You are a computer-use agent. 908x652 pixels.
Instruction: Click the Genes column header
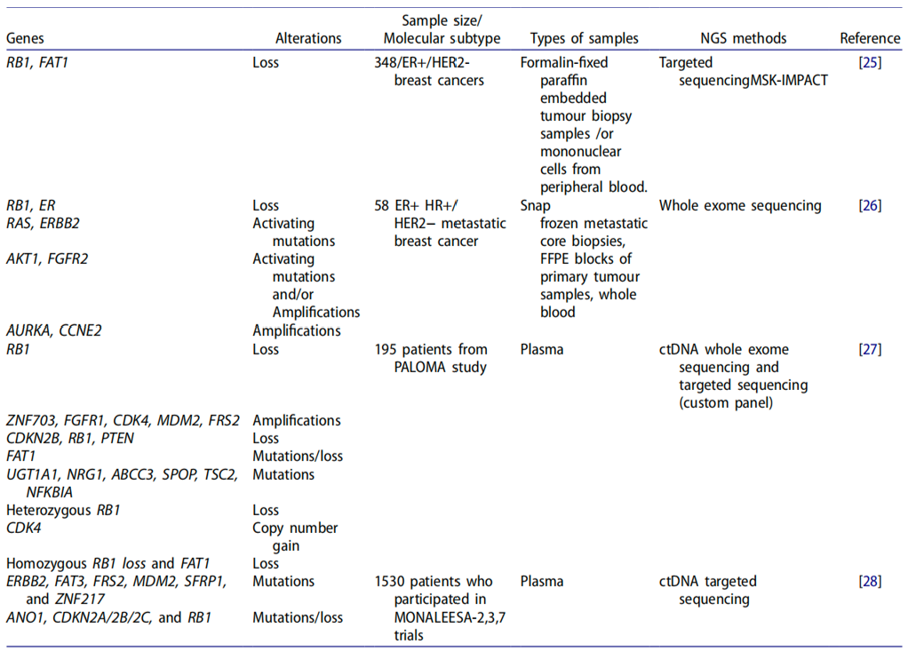25,38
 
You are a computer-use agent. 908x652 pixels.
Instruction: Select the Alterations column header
308,38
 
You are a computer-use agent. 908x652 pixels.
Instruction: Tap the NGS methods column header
744,38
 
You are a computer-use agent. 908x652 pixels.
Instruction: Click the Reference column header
870,38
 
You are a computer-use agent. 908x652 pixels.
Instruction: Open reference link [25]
870,62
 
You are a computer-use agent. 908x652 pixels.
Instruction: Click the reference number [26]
870,205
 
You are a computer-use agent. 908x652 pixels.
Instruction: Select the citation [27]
870,349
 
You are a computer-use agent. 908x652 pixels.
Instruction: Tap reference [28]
870,581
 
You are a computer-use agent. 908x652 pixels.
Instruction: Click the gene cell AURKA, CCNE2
54,330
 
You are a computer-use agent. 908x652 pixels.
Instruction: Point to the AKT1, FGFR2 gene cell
47,258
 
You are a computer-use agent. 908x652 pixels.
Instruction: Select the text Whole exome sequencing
740,205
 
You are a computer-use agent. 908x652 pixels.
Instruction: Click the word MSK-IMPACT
789,81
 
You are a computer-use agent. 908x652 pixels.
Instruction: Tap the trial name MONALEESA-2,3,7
450,618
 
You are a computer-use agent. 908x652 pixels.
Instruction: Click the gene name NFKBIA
50,492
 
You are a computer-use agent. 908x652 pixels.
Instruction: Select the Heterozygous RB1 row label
63,510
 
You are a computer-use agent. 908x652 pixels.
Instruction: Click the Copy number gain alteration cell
295,537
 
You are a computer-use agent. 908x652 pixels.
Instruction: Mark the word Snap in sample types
535,206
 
